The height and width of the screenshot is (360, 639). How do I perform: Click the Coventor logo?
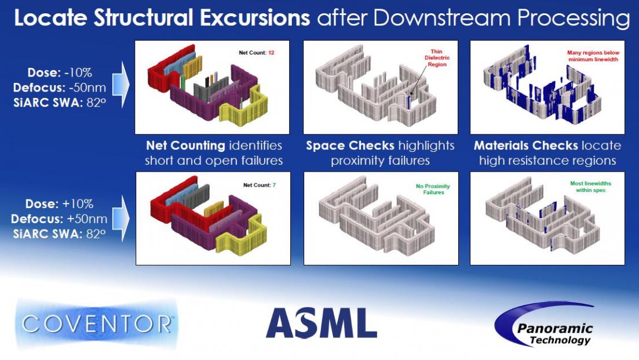pos(97,324)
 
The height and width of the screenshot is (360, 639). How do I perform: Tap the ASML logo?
pos(322,323)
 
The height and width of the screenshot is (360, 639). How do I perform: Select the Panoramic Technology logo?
pos(544,325)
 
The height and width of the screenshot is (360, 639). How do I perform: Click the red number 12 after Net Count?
pos(271,53)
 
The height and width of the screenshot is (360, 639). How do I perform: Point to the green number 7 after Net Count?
pos(274,185)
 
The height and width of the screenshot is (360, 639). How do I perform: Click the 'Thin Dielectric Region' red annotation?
pos(437,58)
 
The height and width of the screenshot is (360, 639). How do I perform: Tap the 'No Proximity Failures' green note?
pos(433,189)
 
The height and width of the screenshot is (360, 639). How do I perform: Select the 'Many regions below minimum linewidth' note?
pos(593,56)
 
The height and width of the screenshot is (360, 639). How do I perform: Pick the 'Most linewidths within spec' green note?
pos(590,187)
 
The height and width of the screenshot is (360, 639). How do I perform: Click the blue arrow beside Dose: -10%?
pos(121,85)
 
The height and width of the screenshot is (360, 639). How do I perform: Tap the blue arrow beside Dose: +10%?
pos(121,218)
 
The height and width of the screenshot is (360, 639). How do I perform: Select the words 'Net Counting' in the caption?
pos(185,146)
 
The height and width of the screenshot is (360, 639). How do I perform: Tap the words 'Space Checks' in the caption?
pos(350,146)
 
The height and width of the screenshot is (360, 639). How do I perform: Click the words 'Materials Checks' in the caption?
pos(525,146)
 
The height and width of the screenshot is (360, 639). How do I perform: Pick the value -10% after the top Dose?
pos(78,72)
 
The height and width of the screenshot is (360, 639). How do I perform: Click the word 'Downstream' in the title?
pos(442,18)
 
